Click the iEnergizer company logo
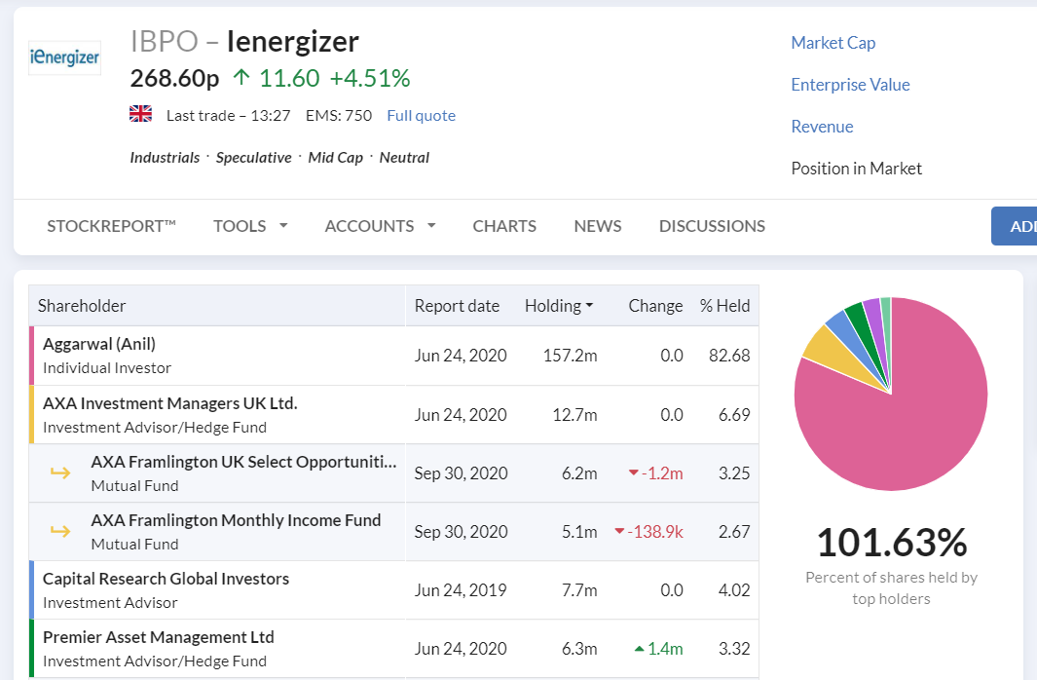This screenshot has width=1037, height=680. point(65,57)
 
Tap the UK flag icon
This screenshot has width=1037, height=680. point(140,114)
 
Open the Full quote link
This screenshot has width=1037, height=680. point(422,116)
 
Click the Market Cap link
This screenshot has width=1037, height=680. point(833,43)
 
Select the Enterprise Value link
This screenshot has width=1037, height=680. point(850,85)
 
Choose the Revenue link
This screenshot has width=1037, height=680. point(822,127)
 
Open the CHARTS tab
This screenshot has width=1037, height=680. point(504,226)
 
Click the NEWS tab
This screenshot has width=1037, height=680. point(598,226)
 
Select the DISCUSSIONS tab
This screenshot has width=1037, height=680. point(713,226)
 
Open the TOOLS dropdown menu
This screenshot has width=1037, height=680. point(250,226)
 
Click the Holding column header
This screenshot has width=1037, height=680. point(559,306)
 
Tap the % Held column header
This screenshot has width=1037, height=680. point(724,306)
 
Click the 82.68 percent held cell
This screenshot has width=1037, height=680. point(729,356)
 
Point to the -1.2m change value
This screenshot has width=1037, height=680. point(655,473)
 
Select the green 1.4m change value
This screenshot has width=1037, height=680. point(658,649)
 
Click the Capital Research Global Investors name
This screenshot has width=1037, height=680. point(166,579)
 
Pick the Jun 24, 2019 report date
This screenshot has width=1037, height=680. point(461,590)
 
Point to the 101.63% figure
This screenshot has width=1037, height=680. point(892,543)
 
